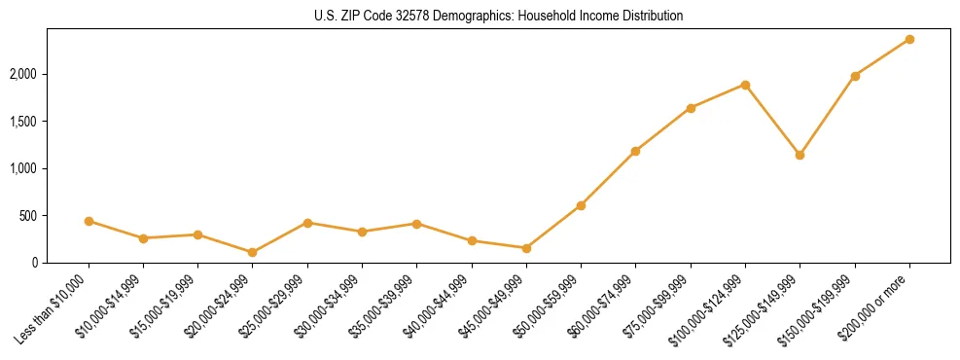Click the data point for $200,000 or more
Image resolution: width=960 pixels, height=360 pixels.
click(x=909, y=39)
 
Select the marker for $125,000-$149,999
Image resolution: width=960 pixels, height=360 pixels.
click(x=800, y=155)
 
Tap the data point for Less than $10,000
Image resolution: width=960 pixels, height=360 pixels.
click(x=89, y=221)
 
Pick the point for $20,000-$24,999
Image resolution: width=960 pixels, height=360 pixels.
click(x=253, y=252)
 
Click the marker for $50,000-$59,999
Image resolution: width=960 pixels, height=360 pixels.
click(x=581, y=205)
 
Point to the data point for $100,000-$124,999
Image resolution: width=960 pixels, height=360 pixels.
click(x=745, y=85)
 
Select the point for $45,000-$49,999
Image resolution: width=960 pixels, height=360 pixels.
click(x=526, y=248)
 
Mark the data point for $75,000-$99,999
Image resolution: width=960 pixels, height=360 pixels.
click(x=691, y=108)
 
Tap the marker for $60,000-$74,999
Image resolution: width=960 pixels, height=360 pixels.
click(x=635, y=151)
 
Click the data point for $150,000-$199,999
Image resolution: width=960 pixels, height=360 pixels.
click(x=855, y=76)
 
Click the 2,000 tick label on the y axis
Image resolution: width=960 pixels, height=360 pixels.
click(x=23, y=74)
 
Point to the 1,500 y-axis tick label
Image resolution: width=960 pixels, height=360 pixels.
click(x=23, y=122)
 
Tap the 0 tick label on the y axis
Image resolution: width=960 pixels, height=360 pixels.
click(x=34, y=263)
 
